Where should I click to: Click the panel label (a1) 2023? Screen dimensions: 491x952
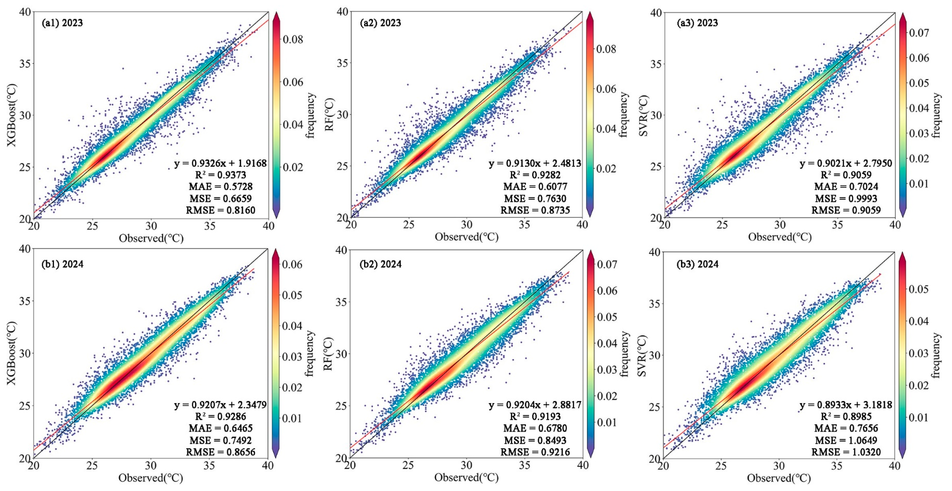(62, 23)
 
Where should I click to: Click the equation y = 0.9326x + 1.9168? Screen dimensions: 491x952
(220, 163)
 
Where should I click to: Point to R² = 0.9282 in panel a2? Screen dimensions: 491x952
(535, 175)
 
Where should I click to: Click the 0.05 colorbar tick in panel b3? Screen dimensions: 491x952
(919, 289)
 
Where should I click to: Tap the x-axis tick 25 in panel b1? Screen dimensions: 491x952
(92, 466)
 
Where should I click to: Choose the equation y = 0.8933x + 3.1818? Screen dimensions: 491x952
(846, 405)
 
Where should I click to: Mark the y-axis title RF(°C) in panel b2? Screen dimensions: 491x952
(328, 354)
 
